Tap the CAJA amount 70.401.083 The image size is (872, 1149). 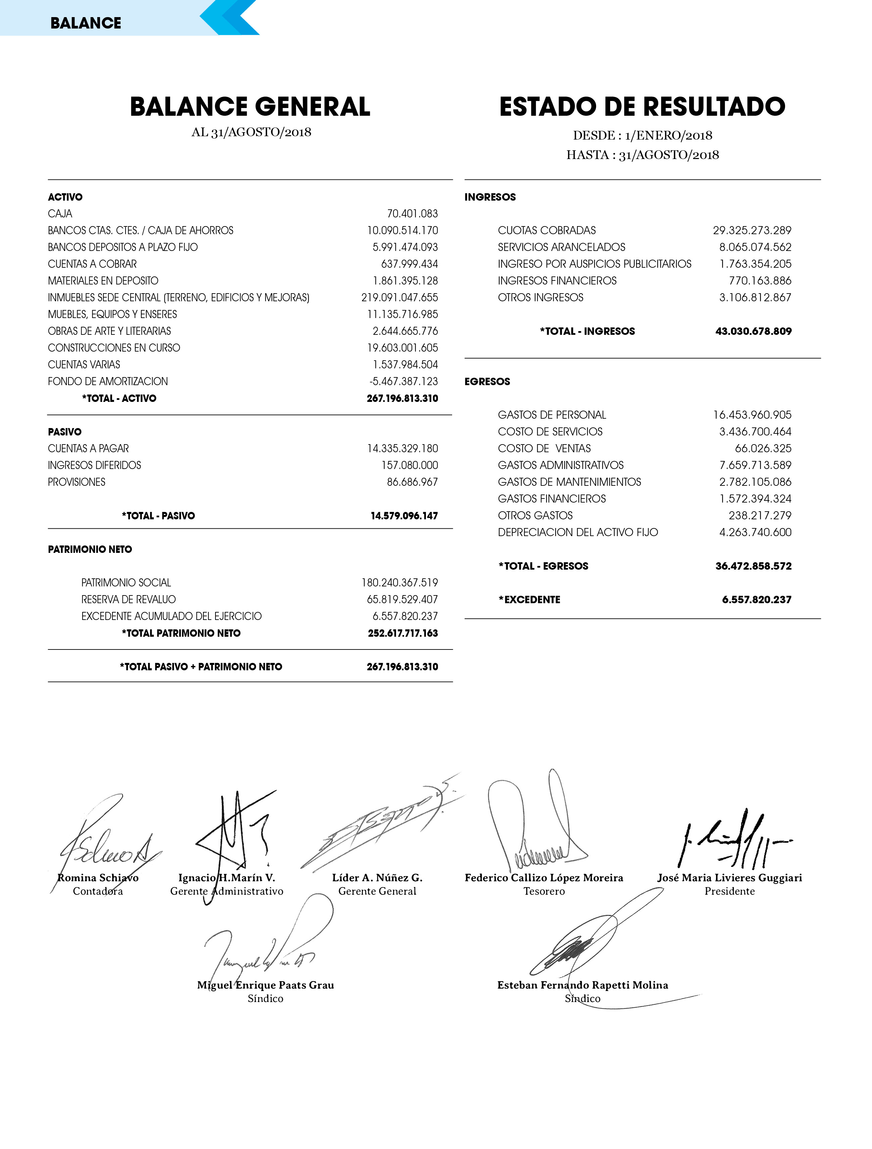coord(412,213)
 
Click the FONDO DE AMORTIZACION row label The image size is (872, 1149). coord(107,381)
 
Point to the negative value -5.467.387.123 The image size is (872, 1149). coord(403,381)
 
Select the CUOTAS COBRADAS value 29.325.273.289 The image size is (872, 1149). coord(752,230)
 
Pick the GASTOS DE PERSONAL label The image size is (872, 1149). coord(552,415)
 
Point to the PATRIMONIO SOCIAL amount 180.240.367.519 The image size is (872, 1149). coord(400,582)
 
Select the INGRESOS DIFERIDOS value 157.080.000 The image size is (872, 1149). coord(409,465)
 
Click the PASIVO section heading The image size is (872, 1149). coord(64,432)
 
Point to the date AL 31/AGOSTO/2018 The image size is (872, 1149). coord(251,132)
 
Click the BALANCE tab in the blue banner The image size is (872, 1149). coord(86,23)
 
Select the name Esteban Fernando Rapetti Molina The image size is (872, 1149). coord(583,985)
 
